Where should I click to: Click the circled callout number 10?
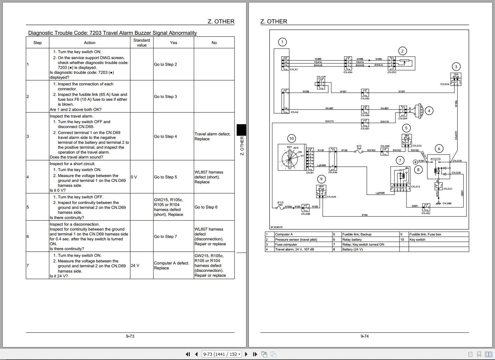pyautogui.click(x=292, y=138)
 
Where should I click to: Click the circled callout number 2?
pyautogui.click(x=402, y=51)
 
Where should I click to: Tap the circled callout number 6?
pyautogui.click(x=439, y=148)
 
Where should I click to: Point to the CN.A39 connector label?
pyautogui.click(x=321, y=77)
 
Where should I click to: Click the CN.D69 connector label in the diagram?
pyautogui.click(x=403, y=119)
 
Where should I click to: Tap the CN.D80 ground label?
pyautogui.click(x=447, y=203)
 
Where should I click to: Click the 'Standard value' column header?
pyautogui.click(x=142, y=43)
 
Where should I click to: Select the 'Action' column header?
pyautogui.click(x=89, y=43)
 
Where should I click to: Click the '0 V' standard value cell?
pyautogui.click(x=134, y=177)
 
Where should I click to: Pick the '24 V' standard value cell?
pyautogui.click(x=135, y=266)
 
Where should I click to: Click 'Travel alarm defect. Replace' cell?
pyautogui.click(x=213, y=136)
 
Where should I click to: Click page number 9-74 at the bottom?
pyautogui.click(x=364, y=336)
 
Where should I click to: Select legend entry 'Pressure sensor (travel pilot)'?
pyautogui.click(x=296, y=240)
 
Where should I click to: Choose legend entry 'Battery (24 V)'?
pyautogui.click(x=352, y=249)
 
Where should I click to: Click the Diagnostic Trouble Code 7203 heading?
pyautogui.click(x=112, y=33)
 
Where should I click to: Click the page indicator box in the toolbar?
pyautogui.click(x=222, y=354)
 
